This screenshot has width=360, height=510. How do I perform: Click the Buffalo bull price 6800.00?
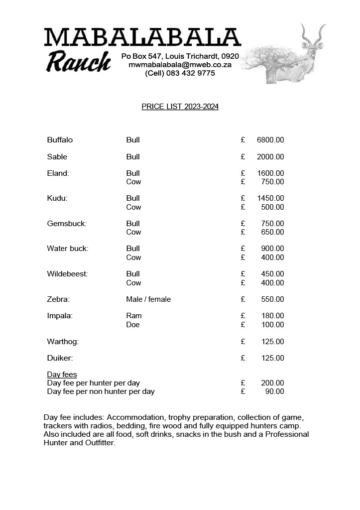pyautogui.click(x=270, y=140)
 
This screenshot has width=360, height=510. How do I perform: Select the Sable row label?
pyautogui.click(x=57, y=157)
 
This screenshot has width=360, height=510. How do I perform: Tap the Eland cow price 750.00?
pyautogui.click(x=273, y=182)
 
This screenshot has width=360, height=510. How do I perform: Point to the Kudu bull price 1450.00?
pyautogui.click(x=270, y=198)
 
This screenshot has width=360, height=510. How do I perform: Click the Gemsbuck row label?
pyautogui.click(x=67, y=224)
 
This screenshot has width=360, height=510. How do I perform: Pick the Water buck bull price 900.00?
pyautogui.click(x=273, y=249)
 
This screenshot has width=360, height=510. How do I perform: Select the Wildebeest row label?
pyautogui.click(x=67, y=274)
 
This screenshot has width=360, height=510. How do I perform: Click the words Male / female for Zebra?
pyautogui.click(x=148, y=299)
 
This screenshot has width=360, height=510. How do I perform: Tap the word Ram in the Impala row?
pyautogui.click(x=134, y=316)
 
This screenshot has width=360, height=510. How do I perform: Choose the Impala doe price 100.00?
pyautogui.click(x=273, y=325)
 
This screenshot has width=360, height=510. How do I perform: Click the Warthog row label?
pyautogui.click(x=63, y=342)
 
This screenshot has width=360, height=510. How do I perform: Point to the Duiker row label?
pyautogui.click(x=60, y=358)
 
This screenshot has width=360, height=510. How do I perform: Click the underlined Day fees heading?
pyautogui.click(x=62, y=375)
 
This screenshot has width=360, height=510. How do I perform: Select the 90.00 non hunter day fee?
pyautogui.click(x=275, y=391)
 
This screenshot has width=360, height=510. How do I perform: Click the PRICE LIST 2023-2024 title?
pyautogui.click(x=180, y=107)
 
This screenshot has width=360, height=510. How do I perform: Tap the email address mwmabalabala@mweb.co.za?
pyautogui.click(x=180, y=65)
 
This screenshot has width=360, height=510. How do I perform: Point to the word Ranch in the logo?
pyautogui.click(x=79, y=62)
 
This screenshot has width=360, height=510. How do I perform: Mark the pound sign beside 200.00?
pyautogui.click(x=243, y=383)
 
